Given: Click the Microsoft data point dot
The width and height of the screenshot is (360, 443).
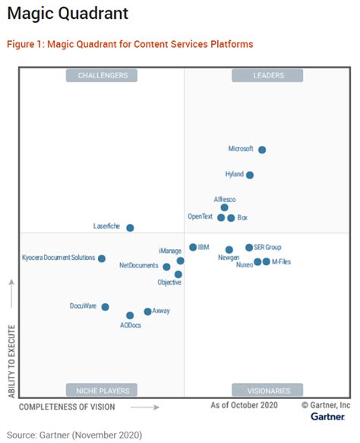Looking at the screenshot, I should pos(262,150).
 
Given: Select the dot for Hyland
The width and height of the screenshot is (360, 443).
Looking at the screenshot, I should pos(250,175).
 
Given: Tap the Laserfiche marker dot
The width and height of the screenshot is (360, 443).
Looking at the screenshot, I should pos(130,227).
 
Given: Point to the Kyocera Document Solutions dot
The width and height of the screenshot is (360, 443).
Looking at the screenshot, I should pos(102,258).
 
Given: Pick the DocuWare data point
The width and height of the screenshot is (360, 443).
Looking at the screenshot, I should pos(105,307).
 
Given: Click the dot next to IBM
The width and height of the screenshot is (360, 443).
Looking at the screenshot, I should pos(193,247).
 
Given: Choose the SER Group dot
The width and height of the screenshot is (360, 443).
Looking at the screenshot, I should pos(249,247).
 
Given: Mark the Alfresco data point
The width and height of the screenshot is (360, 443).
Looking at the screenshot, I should pos(224,207).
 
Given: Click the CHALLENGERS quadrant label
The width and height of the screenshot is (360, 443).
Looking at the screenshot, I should pos(102,75).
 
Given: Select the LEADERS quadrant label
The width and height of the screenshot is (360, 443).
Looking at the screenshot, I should pos(268,75).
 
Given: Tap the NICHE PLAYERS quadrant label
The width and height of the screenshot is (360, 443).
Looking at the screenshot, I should pos(102,391).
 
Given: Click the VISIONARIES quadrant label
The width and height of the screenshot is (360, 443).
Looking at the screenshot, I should pos(268,391).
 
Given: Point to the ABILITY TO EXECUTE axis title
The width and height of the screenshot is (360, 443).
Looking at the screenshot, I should pos(11,340).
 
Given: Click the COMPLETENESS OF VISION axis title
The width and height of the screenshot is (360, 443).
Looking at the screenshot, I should pos(67,407).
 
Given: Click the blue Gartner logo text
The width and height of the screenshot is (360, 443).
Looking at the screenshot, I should pos(327,417).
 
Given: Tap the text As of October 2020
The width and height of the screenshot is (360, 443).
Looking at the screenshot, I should pos(244,406).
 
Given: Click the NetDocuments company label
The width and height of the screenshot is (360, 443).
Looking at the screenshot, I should pos(138,266).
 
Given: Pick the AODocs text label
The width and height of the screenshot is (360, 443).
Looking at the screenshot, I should pos(131,325).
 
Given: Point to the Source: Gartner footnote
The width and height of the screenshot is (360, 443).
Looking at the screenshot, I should pos(74,435).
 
